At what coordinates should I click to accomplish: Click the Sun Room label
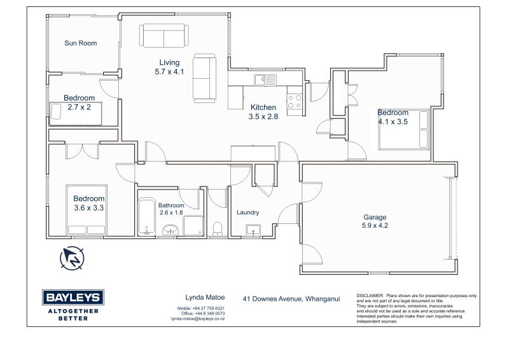pyautogui.click(x=81, y=43)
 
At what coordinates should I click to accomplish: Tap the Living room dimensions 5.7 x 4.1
pyautogui.click(x=169, y=72)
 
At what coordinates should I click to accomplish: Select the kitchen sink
pyautogui.click(x=265, y=80)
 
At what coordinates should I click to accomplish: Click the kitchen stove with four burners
pyautogui.click(x=295, y=101)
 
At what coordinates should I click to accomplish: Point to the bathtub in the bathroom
pyautogui.click(x=147, y=216)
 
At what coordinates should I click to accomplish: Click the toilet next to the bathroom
pyautogui.click(x=217, y=228)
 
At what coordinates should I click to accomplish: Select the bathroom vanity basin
pyautogui.click(x=171, y=230)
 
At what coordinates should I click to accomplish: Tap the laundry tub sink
pyautogui.click(x=253, y=230)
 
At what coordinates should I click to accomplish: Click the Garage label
pyautogui.click(x=375, y=217)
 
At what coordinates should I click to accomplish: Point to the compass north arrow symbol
pyautogui.click(x=72, y=258)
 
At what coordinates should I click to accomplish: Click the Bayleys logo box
pyautogui.click(x=73, y=297)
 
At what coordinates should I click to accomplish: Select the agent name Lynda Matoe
pyautogui.click(x=205, y=297)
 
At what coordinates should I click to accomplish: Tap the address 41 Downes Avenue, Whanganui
pyautogui.click(x=291, y=299)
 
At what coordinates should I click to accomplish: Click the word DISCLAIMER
pyautogui.click(x=370, y=296)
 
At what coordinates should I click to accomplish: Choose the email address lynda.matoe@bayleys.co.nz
pyautogui.click(x=198, y=319)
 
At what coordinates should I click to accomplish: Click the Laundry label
pyautogui.click(x=248, y=212)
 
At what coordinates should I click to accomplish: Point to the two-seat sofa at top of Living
pyautogui.click(x=164, y=36)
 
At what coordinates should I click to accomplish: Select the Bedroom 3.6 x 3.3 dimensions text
pyautogui.click(x=89, y=208)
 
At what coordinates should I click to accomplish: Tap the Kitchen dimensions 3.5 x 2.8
pyautogui.click(x=263, y=116)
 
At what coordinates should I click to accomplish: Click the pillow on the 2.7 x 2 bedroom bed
pyautogui.click(x=56, y=111)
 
